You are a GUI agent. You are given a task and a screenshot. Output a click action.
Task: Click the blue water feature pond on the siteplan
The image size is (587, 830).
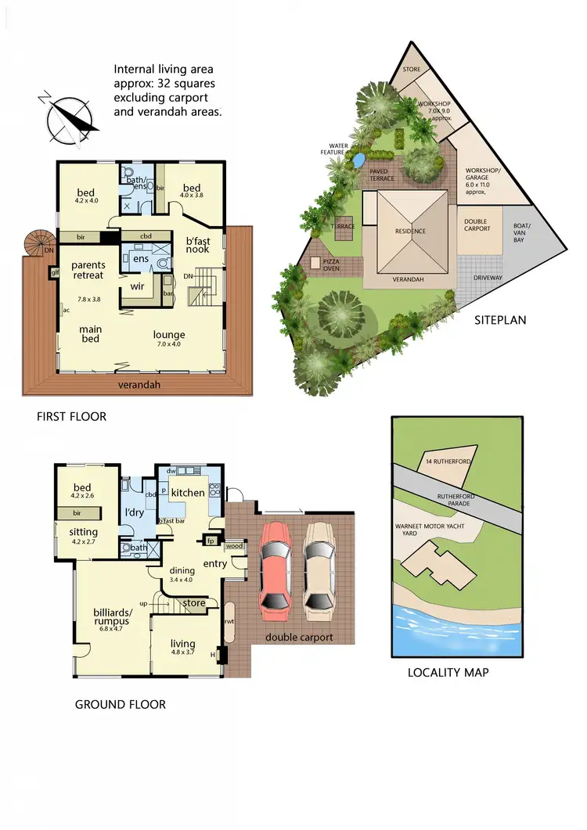(x=357, y=160)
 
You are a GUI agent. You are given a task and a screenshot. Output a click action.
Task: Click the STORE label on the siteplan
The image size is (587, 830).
(x=412, y=70)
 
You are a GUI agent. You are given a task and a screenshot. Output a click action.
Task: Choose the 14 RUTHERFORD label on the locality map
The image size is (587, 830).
(x=448, y=462)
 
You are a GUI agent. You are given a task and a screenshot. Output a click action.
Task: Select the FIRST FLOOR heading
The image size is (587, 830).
(x=71, y=417)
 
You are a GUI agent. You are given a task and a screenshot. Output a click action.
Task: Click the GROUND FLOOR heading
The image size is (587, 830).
(x=120, y=704)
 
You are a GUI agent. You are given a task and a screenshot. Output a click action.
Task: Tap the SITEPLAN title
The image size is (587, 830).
(x=499, y=320)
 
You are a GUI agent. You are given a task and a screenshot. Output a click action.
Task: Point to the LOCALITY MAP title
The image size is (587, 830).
(x=448, y=672)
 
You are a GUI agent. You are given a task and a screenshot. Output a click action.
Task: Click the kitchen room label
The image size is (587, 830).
(x=188, y=492)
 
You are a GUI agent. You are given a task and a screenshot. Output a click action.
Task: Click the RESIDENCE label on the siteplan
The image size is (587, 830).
(x=410, y=232)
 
